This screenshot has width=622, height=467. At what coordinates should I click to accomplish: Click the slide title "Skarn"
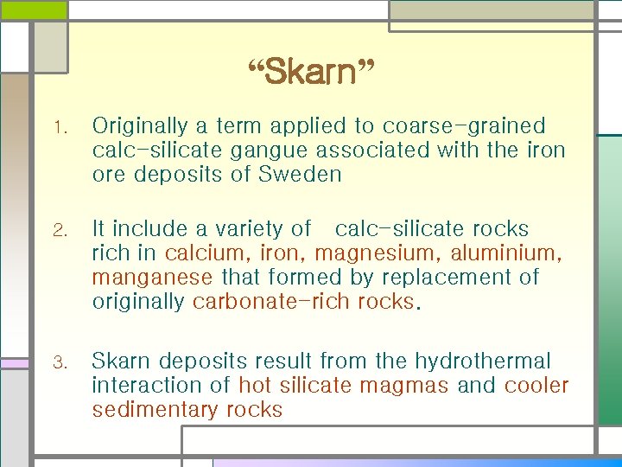click(310, 74)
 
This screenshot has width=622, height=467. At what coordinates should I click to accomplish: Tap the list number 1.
click(59, 129)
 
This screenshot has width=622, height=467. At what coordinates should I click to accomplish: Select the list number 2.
click(59, 231)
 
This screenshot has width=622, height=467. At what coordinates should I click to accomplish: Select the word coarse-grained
click(464, 126)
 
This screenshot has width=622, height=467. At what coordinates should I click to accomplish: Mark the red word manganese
click(152, 278)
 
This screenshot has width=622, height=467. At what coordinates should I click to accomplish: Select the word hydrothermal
click(483, 361)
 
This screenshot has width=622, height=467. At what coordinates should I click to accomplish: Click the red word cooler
click(536, 385)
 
